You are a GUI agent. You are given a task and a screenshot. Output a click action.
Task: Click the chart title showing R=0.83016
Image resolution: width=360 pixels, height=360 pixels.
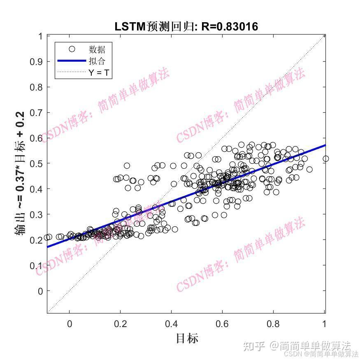click(x=186, y=27)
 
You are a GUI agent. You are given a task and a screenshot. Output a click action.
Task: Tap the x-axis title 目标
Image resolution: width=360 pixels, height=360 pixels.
click(x=187, y=338)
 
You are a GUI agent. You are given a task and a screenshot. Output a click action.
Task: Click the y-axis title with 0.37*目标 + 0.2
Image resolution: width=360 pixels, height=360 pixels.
click(x=20, y=173)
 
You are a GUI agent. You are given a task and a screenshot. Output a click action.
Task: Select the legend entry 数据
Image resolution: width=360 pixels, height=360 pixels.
click(x=97, y=49)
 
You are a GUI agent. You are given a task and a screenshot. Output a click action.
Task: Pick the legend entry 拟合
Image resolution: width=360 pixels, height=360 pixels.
click(x=97, y=61)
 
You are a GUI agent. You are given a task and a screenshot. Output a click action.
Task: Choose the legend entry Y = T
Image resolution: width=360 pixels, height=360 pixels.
click(x=100, y=73)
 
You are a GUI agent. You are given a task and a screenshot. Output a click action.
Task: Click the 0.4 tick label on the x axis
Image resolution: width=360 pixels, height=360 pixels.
click(x=171, y=324)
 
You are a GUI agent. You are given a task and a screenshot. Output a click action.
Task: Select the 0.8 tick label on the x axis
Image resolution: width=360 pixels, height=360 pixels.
click(x=274, y=324)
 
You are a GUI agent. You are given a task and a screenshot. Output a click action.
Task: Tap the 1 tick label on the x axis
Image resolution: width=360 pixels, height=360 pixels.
click(x=325, y=324)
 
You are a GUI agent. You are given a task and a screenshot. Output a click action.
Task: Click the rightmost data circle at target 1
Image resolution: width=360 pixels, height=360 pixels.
click(x=325, y=158)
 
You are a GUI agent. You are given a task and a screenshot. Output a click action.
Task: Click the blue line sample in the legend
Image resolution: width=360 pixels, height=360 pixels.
click(x=71, y=61)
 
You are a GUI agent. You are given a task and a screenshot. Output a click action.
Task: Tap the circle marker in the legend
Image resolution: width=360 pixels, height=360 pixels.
click(x=72, y=49)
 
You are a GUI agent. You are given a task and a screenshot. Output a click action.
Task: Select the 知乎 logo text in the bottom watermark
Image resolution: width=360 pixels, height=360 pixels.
click(x=254, y=346)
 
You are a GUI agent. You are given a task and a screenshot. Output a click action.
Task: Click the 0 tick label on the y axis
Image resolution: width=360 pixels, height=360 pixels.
click(x=40, y=291)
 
